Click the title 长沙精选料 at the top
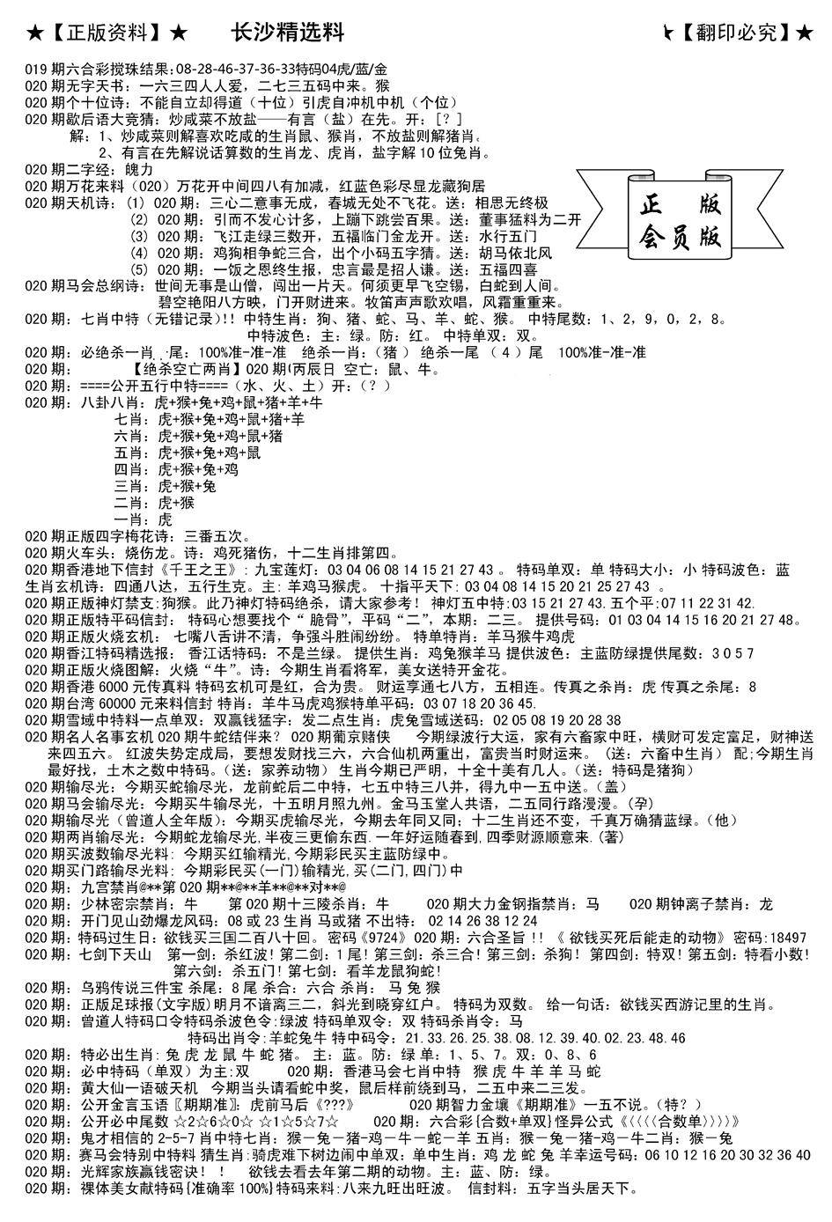click(286, 33)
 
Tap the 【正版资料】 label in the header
click(105, 34)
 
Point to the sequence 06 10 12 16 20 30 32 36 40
click(721, 1155)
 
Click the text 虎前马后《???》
click(322, 1105)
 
